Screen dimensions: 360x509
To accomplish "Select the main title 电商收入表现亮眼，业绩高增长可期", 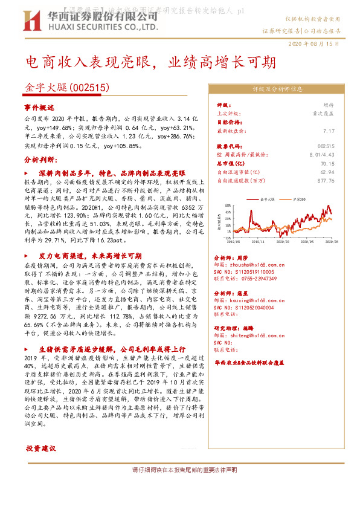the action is coord(151,62).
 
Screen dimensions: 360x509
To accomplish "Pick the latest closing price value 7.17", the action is coord(329,130).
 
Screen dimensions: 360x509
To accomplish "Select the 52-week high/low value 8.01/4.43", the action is coord(322,154).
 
